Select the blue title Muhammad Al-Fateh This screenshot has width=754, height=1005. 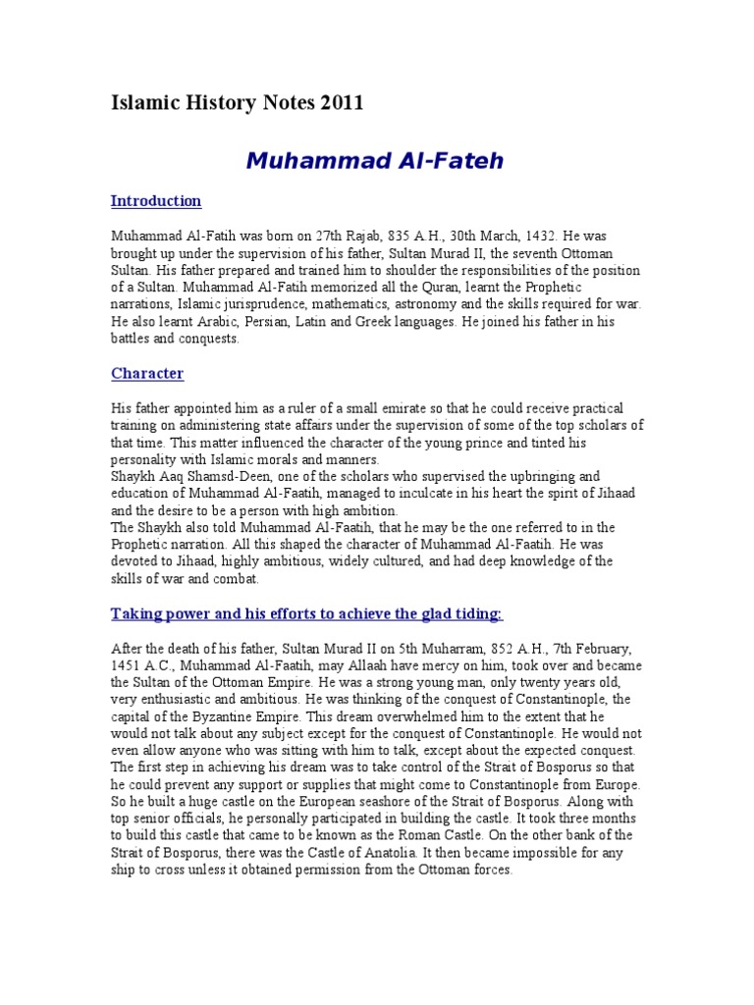pos(374,161)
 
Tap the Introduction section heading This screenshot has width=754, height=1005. pos(156,201)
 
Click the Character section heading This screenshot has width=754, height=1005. pos(147,374)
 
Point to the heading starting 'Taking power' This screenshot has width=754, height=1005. pos(306,614)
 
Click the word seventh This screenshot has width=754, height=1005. pos(538,253)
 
